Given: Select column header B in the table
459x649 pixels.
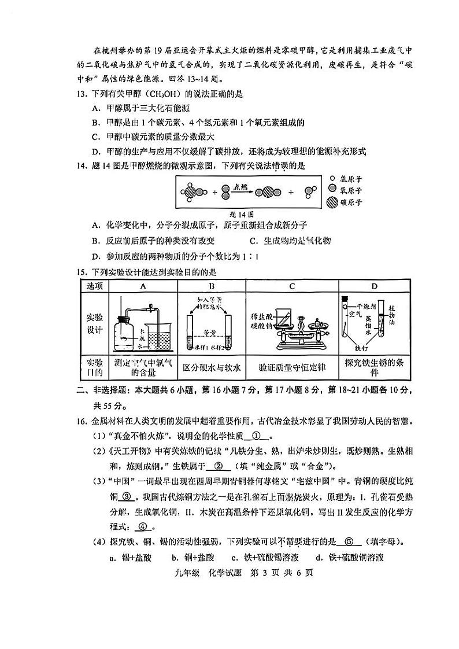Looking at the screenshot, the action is pos(212,286).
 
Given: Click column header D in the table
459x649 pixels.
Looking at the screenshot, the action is pos(374,286).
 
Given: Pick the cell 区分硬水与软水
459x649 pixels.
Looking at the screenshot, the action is pos(212,367).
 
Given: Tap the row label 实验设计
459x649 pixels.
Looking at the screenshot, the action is pos(94,324).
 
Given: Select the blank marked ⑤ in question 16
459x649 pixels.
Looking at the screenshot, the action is pos(349,542).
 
